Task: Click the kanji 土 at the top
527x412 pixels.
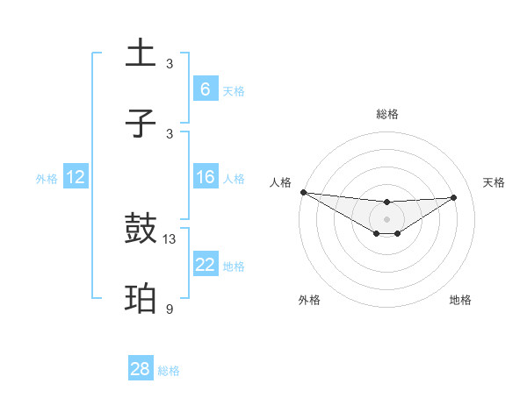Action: pos(141,53)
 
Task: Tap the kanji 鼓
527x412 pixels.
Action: pos(141,230)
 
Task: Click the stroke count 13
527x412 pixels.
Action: pos(170,239)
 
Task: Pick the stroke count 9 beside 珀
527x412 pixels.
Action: pos(170,309)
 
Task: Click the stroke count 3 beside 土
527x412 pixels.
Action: pos(170,64)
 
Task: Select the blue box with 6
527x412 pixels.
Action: pos(205,89)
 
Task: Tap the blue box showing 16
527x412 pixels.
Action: pos(205,177)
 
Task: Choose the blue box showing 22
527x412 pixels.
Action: pos(205,265)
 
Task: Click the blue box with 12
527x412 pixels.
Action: pos(76,177)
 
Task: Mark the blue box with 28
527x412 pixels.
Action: pos(141,369)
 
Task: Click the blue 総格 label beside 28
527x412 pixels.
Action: pos(169,371)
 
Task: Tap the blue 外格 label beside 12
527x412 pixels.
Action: pos(47,179)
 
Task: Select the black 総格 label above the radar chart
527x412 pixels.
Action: pos(386,114)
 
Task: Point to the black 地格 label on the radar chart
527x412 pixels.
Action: pos(460,300)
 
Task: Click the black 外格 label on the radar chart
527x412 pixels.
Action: pos(309,300)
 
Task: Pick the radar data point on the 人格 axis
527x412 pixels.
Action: pos(303,192)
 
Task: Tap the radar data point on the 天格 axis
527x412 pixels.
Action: pos(454,197)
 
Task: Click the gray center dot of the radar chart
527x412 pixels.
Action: pos(386,218)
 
